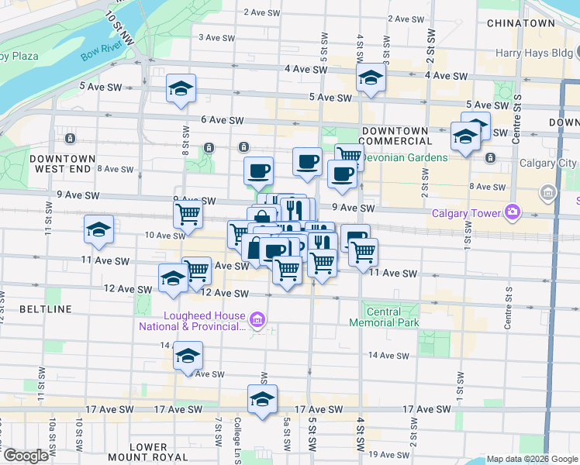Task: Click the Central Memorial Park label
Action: [384, 316]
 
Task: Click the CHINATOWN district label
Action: [520, 23]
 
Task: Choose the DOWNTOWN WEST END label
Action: [62, 164]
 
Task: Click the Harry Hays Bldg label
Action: [533, 53]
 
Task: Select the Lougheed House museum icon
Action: [258, 318]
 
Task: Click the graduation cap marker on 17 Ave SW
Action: [262, 399]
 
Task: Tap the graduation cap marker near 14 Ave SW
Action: [187, 356]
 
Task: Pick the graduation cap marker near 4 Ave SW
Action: [371, 77]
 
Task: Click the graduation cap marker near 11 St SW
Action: [99, 229]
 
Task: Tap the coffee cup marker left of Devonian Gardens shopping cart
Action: [307, 161]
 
